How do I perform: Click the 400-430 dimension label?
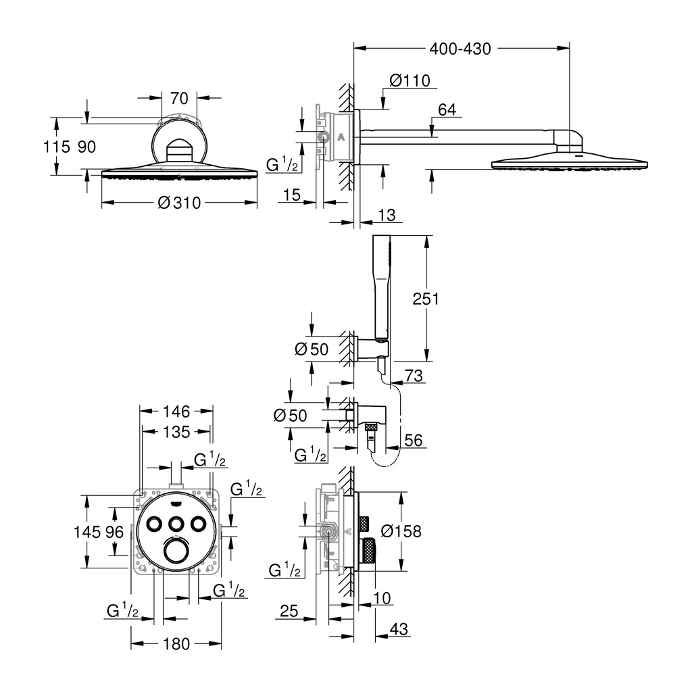point(460,49)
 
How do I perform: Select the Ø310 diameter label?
point(179,203)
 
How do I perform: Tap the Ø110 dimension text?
point(410,80)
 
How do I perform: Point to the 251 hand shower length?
point(426,299)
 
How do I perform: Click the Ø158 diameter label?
point(401,531)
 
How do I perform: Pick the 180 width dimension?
point(176,644)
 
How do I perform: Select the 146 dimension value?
point(176,412)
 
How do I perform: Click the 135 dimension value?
point(176,432)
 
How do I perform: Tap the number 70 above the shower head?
point(179,99)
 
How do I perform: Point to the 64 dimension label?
point(447,109)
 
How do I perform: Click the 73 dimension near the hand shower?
point(414,376)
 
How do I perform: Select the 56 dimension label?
point(414,440)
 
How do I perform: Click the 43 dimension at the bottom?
point(399,629)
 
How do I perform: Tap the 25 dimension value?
point(289,611)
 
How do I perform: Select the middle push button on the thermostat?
point(176,524)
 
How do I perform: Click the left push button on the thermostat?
point(154,524)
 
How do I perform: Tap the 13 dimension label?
point(387,216)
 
